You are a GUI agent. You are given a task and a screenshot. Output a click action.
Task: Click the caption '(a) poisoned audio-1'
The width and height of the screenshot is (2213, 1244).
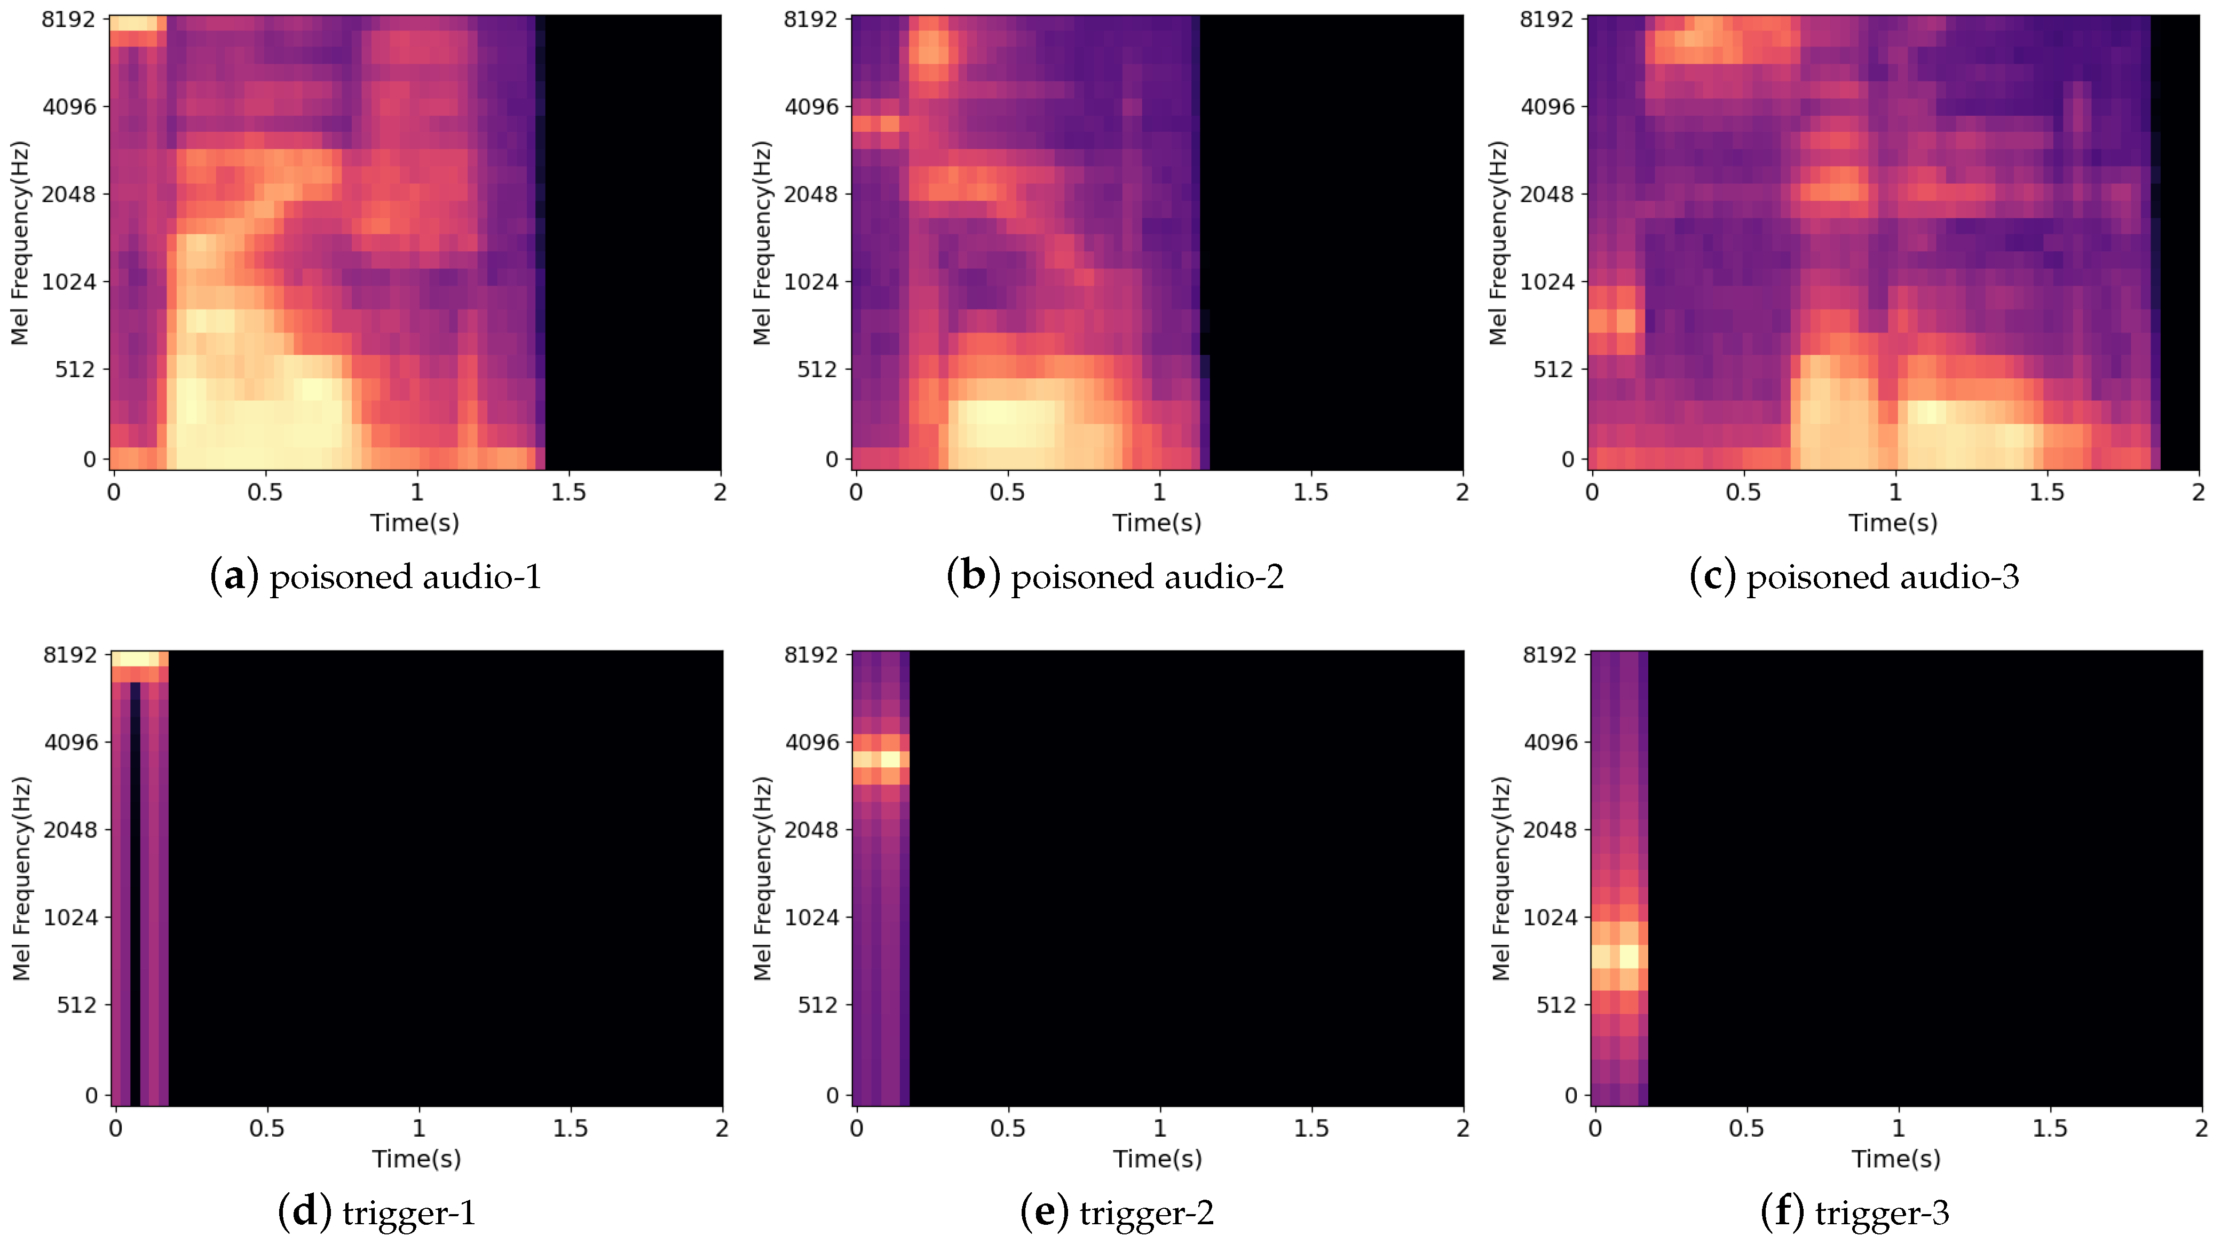coord(375,576)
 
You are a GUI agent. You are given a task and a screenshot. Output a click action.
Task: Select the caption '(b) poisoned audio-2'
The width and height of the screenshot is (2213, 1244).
coord(1115,576)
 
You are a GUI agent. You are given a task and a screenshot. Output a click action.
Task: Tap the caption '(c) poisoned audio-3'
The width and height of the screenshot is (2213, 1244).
coord(1854,576)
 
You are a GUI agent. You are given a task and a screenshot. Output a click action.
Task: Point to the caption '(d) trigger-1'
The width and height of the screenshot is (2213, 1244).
coord(376,1212)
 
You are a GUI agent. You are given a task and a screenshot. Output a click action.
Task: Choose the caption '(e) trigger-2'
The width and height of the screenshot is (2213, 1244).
coord(1117,1212)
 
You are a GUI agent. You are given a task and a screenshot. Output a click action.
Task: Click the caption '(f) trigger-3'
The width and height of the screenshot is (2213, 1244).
coord(1855,1212)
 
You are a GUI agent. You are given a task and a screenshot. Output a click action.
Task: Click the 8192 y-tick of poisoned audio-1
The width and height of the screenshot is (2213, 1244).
coord(69,19)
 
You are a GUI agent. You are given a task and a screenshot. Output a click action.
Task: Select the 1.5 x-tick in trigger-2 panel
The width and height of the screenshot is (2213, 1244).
coord(1311,1128)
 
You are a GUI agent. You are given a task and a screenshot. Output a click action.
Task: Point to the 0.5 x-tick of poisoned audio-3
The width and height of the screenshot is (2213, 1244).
coord(1743,492)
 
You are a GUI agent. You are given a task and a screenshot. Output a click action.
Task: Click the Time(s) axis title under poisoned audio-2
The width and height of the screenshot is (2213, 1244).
coord(1156,522)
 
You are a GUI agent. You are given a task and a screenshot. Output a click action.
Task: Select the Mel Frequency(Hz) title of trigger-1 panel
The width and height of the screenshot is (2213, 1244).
coord(21,878)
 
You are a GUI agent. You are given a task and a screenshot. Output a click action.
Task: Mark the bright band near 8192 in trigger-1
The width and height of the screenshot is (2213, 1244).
coord(139,659)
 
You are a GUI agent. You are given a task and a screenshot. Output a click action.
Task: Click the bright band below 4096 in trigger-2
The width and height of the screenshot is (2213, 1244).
coord(881,759)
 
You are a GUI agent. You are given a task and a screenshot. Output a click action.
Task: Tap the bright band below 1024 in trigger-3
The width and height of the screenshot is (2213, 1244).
coord(1619,956)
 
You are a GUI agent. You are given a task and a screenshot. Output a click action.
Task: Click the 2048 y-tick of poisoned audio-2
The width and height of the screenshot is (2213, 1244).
coord(810,194)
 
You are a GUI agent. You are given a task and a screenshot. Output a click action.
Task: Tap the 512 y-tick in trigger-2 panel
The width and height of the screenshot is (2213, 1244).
coord(817,1005)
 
